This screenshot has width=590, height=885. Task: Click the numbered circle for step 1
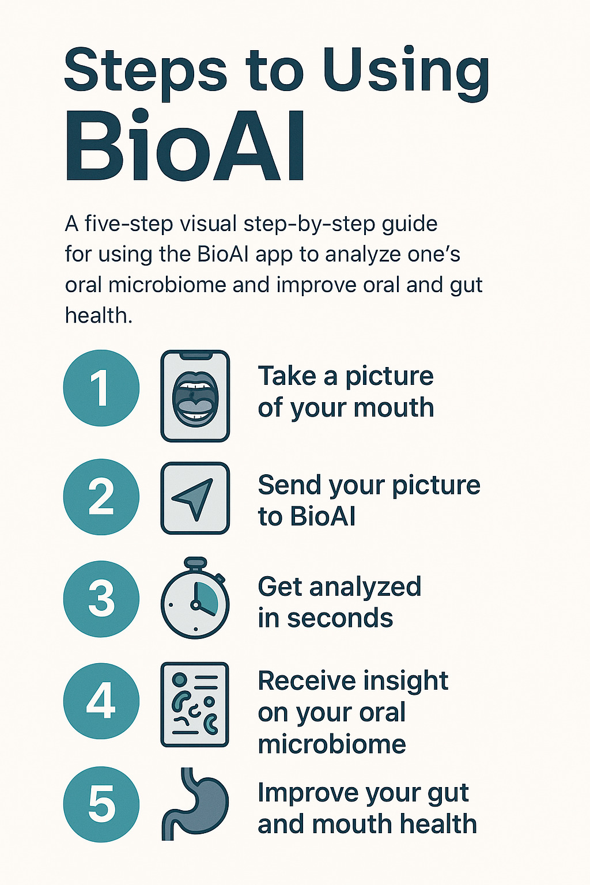click(x=101, y=388)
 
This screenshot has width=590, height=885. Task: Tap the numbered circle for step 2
click(x=101, y=497)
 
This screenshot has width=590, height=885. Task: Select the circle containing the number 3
click(x=101, y=599)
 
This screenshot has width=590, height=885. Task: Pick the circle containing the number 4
click(x=101, y=701)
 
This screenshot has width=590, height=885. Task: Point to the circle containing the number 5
click(x=101, y=804)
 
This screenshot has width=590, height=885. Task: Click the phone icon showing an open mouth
click(x=195, y=396)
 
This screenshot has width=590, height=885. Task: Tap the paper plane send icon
click(x=195, y=498)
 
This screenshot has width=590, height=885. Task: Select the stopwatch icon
click(x=195, y=598)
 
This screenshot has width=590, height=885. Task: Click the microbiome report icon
click(x=195, y=705)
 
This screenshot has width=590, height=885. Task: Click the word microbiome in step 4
click(x=332, y=744)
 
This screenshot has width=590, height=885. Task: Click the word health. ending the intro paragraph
click(x=99, y=315)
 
